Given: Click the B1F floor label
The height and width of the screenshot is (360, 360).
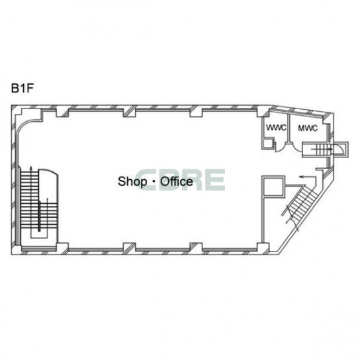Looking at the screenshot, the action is [x=22, y=88].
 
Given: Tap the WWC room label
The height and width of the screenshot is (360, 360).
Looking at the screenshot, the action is [x=276, y=128].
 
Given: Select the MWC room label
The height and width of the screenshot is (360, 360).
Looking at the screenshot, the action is [x=308, y=128].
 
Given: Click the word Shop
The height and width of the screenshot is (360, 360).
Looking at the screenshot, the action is [x=132, y=181].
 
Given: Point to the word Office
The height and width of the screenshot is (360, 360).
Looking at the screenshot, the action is [x=177, y=181].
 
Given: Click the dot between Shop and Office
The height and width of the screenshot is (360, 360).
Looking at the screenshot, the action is [x=154, y=181].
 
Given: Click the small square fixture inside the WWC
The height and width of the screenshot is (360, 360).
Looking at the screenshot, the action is [x=268, y=143].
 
